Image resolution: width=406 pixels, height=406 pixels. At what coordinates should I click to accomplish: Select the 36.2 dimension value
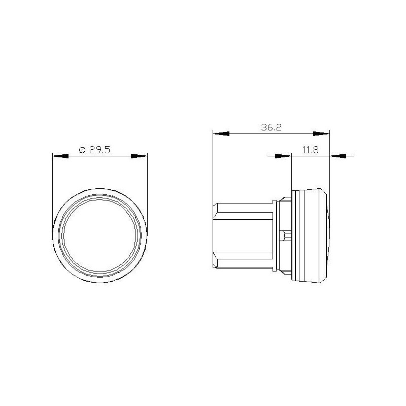click(x=272, y=128)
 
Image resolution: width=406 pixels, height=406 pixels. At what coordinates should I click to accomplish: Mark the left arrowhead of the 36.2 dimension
click(x=221, y=134)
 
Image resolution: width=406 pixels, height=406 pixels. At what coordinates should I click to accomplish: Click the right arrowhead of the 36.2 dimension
click(x=321, y=134)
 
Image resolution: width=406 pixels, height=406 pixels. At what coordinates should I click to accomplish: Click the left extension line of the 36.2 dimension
click(x=214, y=167)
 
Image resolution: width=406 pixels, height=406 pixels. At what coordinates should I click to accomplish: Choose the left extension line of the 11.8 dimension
click(x=292, y=173)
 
